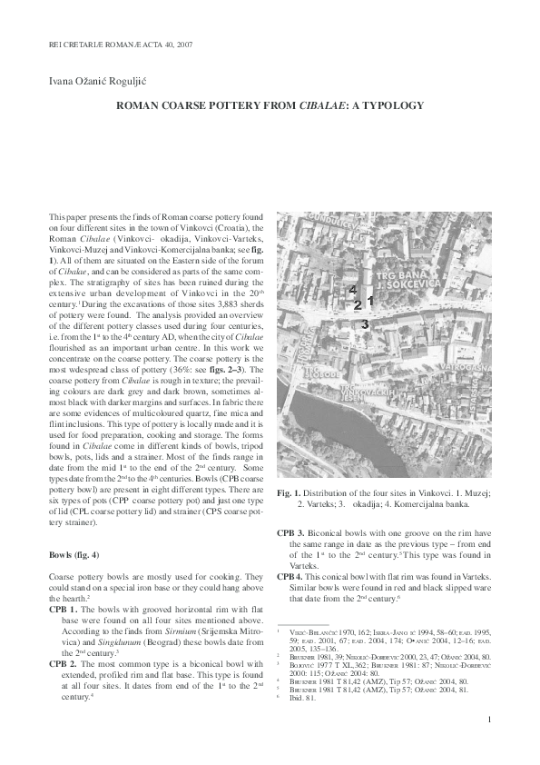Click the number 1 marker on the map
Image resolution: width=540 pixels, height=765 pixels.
pos(370,299)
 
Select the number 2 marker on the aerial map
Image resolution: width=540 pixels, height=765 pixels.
pos(358,305)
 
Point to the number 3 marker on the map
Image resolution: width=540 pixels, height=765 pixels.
pos(364,323)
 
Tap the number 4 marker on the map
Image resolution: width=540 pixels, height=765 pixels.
pos(352,289)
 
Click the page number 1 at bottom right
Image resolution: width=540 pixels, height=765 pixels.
pos(489,721)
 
